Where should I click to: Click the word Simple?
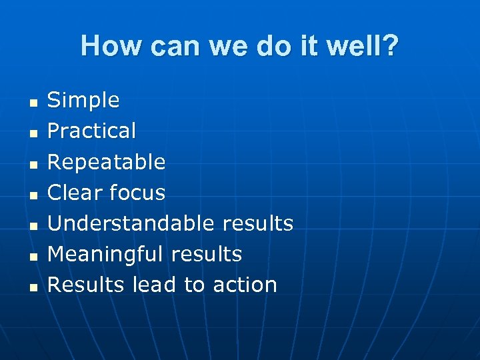point(83,101)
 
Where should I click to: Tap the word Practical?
point(91,131)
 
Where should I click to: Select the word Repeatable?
point(106,162)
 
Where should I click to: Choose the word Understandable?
point(131,223)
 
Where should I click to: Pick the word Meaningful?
point(105,254)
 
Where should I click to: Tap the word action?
point(245,285)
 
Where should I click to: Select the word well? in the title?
point(363,47)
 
